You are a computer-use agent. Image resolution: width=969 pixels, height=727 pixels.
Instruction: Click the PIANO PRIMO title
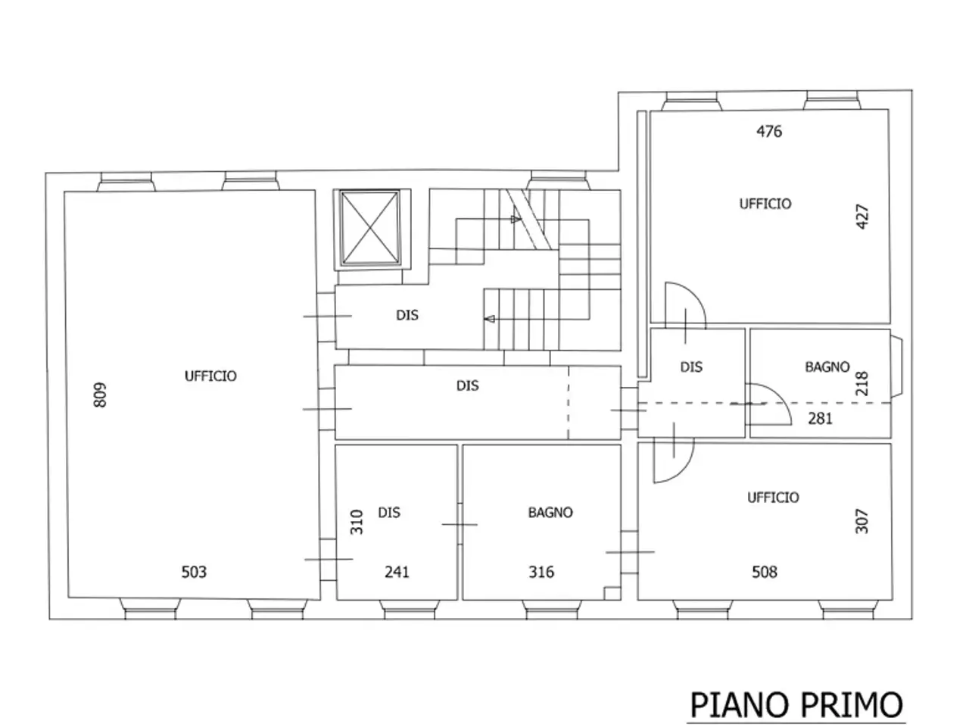[x=796, y=705]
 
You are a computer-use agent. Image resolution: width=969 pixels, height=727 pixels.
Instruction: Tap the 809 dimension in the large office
[x=100, y=395]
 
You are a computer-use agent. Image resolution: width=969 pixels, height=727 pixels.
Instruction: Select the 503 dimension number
[x=194, y=572]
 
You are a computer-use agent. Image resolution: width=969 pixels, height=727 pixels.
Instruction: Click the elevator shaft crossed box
[x=370, y=228]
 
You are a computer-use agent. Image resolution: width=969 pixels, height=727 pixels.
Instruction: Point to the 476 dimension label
[x=769, y=131]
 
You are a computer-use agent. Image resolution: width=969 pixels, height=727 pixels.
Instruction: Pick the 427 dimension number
[x=862, y=217]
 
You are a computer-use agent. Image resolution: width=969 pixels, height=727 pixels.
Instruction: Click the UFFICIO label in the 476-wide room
[x=765, y=204]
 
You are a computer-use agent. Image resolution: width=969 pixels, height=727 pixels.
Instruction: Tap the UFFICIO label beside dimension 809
[x=210, y=376]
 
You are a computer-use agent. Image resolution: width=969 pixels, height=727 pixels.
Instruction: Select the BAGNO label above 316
[x=550, y=512]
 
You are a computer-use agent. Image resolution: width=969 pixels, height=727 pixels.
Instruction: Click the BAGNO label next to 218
[x=827, y=367]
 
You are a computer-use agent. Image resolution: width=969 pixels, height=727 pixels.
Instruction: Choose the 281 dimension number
[x=820, y=418]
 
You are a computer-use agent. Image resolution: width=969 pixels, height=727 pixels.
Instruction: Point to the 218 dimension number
[x=862, y=383]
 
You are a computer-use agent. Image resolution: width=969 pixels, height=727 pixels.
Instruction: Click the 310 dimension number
[x=357, y=522]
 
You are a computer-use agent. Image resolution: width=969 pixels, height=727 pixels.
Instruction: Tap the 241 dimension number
[x=397, y=572]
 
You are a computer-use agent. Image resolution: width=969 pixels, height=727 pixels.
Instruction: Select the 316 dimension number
[x=541, y=572]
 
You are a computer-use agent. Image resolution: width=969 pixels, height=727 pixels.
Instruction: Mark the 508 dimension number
[x=765, y=572]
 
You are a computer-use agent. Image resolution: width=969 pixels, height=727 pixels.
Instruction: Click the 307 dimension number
[x=862, y=521]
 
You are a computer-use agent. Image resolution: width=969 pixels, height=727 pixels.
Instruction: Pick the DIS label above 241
[x=389, y=512]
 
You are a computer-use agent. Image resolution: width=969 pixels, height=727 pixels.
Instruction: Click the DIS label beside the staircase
[x=407, y=315]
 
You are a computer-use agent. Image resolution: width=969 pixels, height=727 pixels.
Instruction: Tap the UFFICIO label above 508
[x=773, y=498]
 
